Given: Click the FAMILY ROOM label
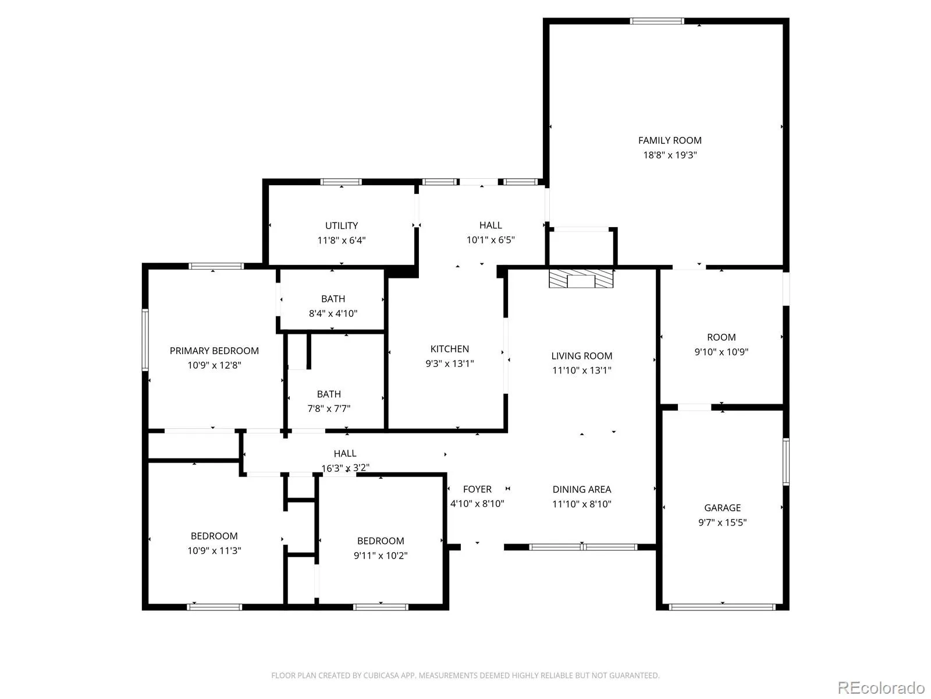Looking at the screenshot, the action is (x=669, y=140).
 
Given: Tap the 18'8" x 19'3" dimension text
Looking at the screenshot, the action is (x=670, y=155).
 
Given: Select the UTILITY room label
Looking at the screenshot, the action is (x=342, y=226).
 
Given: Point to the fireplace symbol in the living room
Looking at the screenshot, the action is (x=581, y=278).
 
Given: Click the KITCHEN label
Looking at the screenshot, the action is (x=450, y=349).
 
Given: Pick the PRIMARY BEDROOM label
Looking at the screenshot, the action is (x=214, y=351).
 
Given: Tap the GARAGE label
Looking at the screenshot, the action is (x=722, y=507).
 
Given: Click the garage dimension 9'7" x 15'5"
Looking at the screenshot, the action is (x=722, y=523).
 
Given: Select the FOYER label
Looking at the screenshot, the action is (x=477, y=489).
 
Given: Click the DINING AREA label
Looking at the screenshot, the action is (x=581, y=489).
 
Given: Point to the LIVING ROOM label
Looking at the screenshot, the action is (x=581, y=356).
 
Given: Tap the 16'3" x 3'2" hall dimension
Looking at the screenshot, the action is (x=345, y=468).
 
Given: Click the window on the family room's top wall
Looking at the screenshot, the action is (x=656, y=21).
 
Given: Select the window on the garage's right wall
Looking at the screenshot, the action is (x=786, y=462).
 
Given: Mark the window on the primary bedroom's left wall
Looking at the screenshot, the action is (x=145, y=340).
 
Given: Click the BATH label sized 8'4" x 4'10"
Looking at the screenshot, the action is (x=333, y=299).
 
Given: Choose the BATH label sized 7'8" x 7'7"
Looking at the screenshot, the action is (x=329, y=394).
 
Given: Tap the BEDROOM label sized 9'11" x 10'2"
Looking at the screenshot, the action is (x=381, y=541).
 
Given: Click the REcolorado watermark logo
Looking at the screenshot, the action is (x=882, y=687).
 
